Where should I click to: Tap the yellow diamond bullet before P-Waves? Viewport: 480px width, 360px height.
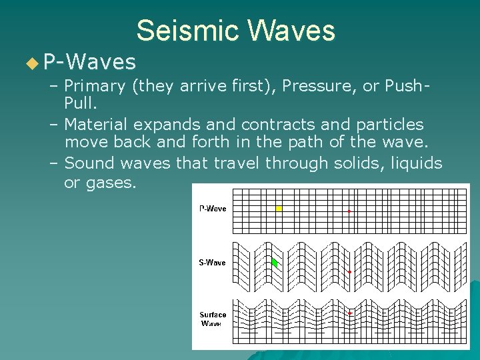point(32,64)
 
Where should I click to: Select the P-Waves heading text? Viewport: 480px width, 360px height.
point(89,63)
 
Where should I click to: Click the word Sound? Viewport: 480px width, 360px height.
point(89,163)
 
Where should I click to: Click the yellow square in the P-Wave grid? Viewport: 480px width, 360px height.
point(279,209)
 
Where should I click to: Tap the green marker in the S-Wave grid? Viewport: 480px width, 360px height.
point(274,263)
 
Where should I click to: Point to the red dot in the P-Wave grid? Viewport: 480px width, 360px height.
point(349,211)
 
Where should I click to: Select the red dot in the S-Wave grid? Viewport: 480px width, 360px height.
point(349,272)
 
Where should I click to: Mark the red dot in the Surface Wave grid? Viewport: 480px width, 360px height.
point(349,313)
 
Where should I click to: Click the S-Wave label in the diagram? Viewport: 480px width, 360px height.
point(212,263)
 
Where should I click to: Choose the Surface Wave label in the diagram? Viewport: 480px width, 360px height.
point(213,319)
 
